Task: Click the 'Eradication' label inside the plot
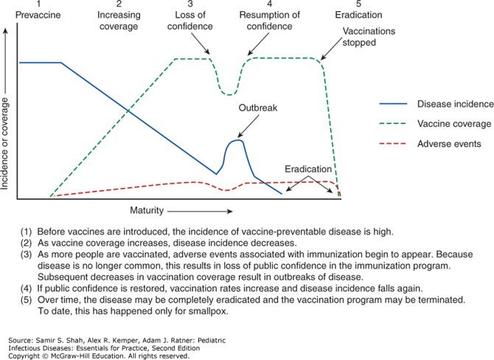click(x=308, y=169)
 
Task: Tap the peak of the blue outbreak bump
click(x=237, y=139)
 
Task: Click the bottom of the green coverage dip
click(x=230, y=94)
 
